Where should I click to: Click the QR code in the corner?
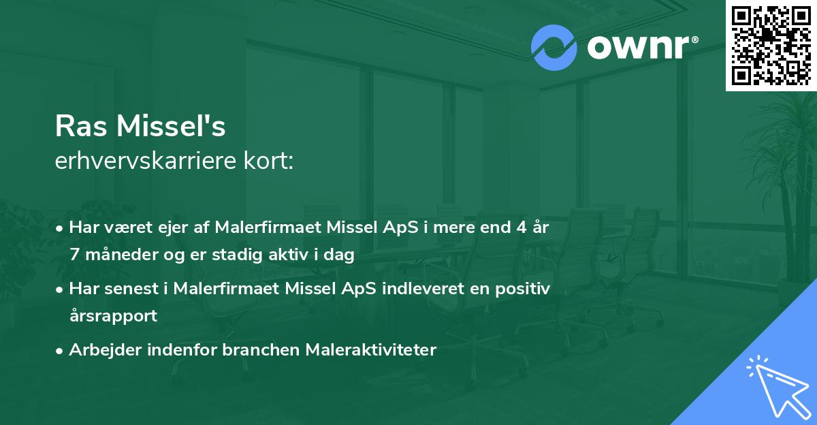771,45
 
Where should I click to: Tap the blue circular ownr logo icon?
554,48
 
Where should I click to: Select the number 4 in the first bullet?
520,227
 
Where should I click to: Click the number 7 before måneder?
75,255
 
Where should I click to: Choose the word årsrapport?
113,316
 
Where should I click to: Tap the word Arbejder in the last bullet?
101,350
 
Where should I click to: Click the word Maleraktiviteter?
370,350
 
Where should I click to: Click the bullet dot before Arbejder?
61,351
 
